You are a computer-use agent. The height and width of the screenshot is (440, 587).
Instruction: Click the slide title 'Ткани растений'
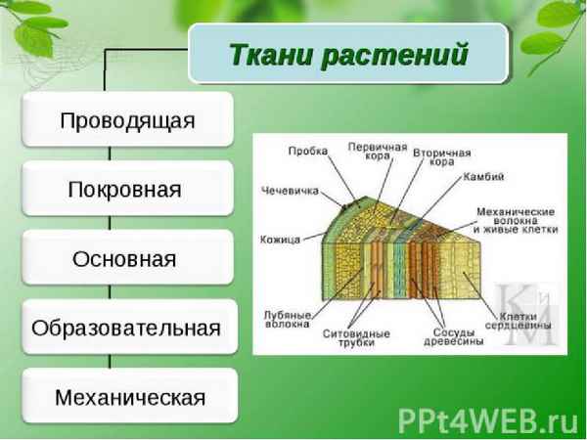point(348,53)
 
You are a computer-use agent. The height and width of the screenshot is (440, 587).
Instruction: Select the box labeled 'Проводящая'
point(128,120)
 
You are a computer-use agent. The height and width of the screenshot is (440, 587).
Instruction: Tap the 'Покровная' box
point(128,190)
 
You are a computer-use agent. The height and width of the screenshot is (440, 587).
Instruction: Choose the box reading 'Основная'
point(128,259)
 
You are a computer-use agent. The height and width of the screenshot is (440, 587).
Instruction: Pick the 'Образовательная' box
point(128,329)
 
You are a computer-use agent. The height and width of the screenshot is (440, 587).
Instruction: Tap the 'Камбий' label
point(486,177)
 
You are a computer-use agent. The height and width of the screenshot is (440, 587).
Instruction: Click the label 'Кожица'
point(280,240)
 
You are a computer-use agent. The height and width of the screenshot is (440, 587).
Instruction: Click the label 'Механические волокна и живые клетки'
point(515,220)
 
